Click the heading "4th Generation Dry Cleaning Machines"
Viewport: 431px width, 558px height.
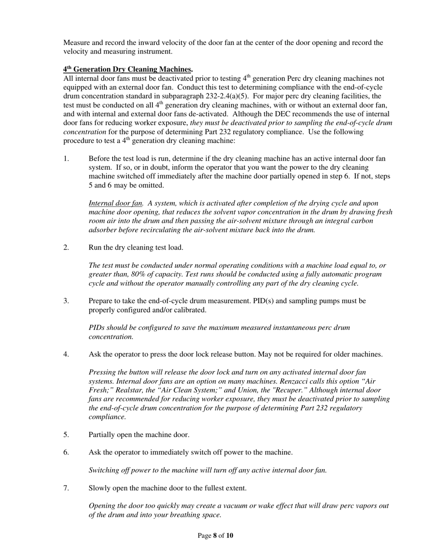127,69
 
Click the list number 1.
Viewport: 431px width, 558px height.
66,159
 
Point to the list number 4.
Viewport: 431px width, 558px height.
66,354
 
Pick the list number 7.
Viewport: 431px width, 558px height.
66,488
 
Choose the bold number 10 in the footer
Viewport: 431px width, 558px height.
230,536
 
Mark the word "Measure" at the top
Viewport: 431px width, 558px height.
77,43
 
